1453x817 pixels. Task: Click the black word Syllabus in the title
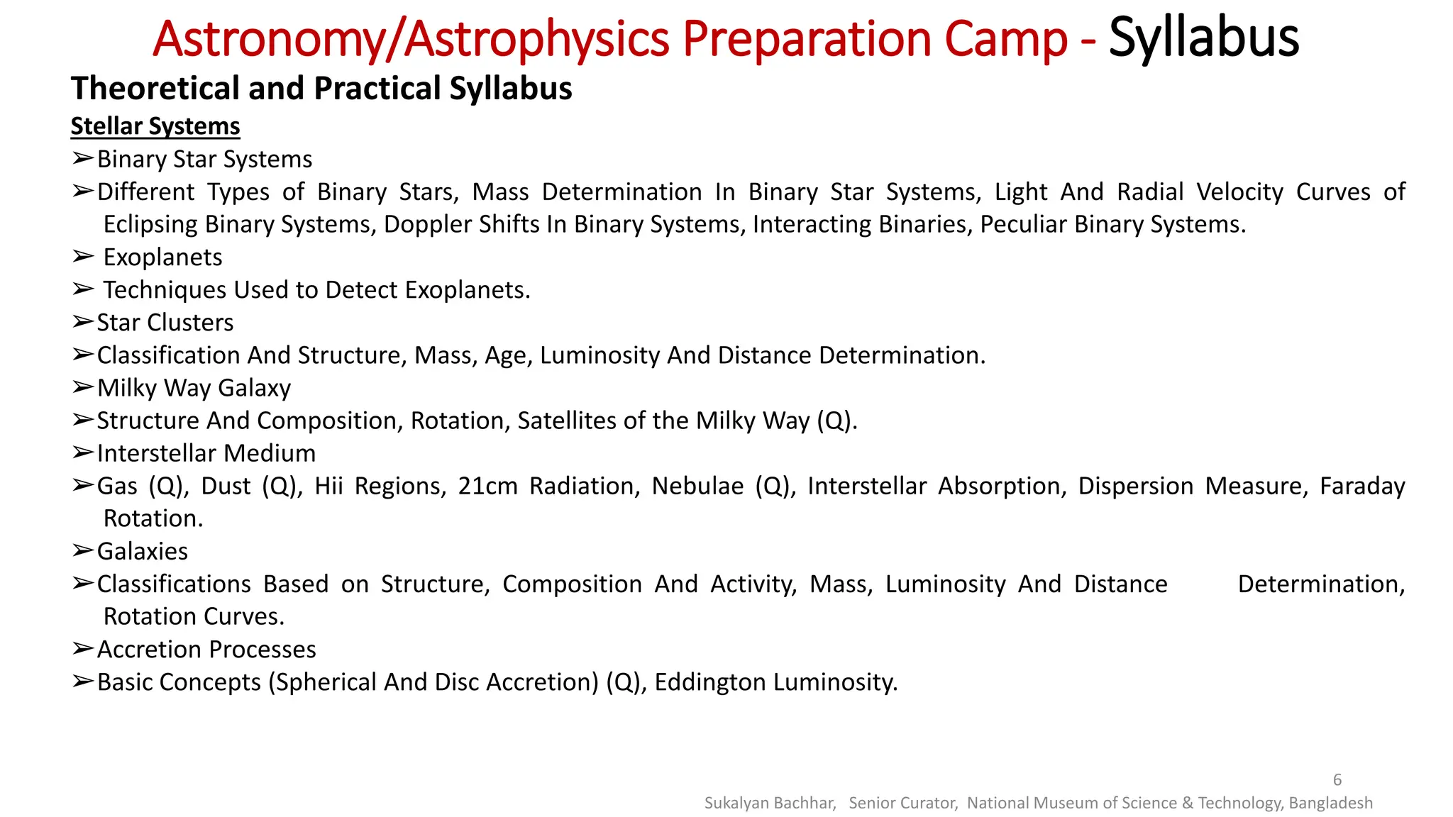pos(1203,38)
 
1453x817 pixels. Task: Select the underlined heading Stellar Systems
pos(155,126)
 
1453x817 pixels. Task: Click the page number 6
pos(1337,779)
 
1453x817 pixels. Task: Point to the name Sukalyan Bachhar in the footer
pos(770,803)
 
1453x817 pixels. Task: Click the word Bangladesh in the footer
pos(1330,803)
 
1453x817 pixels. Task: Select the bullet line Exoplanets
pos(162,257)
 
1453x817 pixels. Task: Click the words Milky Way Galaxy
pos(194,388)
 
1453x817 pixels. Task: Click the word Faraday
pos(1362,487)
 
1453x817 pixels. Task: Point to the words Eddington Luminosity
pos(775,682)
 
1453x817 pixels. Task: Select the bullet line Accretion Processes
pos(206,650)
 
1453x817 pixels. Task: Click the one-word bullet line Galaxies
pos(143,552)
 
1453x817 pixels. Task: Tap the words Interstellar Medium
pos(206,453)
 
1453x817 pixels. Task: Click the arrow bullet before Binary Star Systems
pos(82,159)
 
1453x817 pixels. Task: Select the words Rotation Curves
pos(194,617)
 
